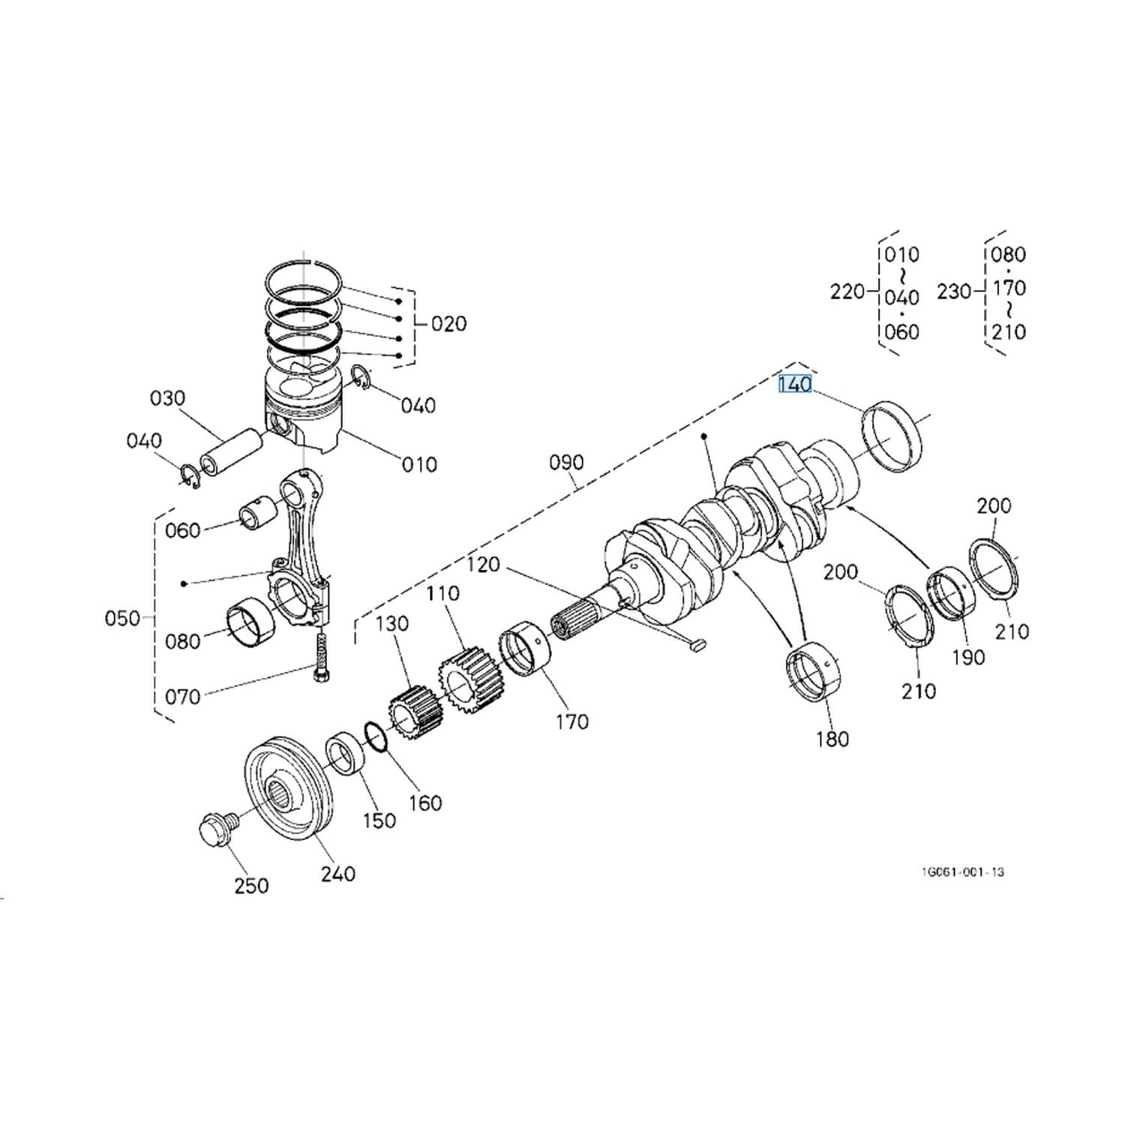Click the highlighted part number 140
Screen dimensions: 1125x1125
tap(795, 385)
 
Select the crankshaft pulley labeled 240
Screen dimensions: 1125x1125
tap(284, 787)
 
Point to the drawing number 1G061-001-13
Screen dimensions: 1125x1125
tap(962, 871)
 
